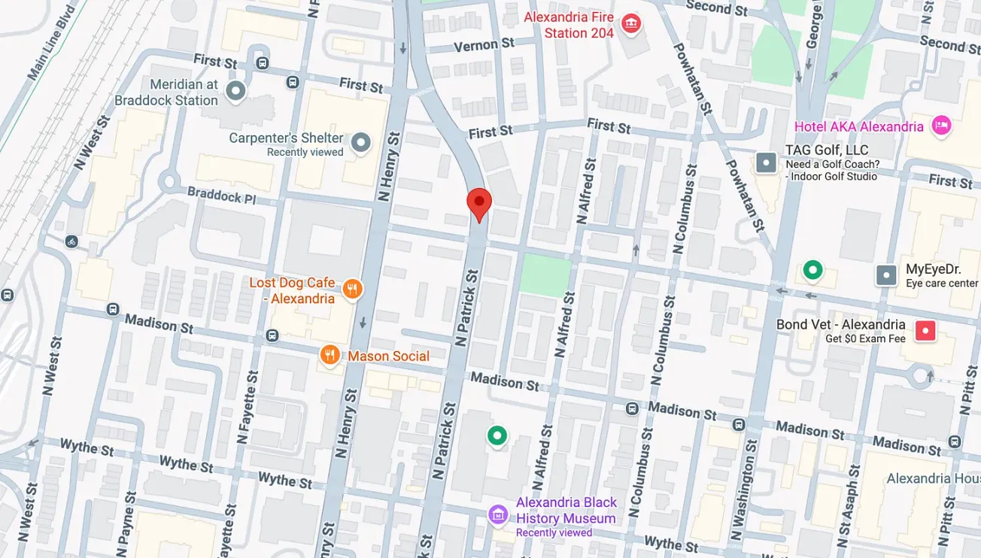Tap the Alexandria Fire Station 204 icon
point(630,25)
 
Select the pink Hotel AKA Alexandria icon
point(940,126)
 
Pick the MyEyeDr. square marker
point(887,275)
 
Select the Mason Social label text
point(388,356)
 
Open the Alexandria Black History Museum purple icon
point(497,515)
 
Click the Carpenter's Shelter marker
point(362,142)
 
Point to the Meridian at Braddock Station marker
point(236,92)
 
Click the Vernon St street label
point(484,46)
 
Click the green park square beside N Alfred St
point(545,275)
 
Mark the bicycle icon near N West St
point(71,241)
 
